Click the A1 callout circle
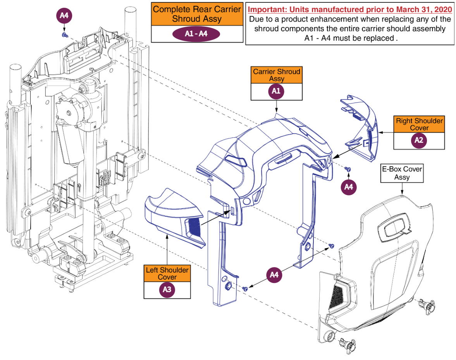pyautogui.click(x=277, y=91)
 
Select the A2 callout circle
pyautogui.click(x=419, y=140)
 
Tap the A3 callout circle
pyautogui.click(x=167, y=290)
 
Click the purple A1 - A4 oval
pyautogui.click(x=196, y=34)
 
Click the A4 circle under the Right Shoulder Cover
pyautogui.click(x=349, y=187)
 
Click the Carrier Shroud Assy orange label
pyautogui.click(x=277, y=75)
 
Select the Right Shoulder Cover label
pyautogui.click(x=419, y=124)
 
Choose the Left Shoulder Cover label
pyautogui.click(x=167, y=273)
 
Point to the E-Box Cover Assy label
pyautogui.click(x=402, y=173)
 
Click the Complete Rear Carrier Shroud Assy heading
pyautogui.click(x=197, y=14)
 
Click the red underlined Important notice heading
pyautogui.click(x=349, y=9)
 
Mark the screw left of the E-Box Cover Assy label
pyautogui.click(x=348, y=169)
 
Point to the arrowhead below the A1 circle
pyautogui.click(x=277, y=110)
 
